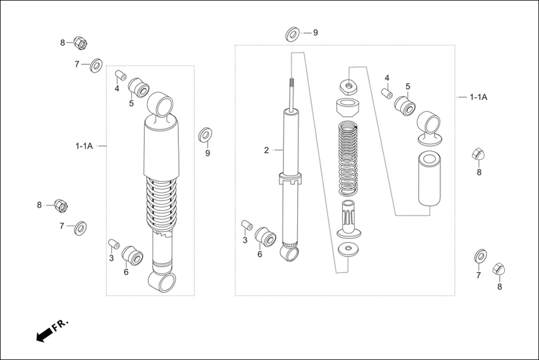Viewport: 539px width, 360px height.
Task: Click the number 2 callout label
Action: click(x=266, y=150)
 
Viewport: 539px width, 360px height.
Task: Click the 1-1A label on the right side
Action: click(x=478, y=97)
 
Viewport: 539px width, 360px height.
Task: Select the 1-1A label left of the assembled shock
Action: click(x=84, y=146)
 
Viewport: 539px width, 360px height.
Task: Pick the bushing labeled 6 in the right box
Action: click(x=265, y=237)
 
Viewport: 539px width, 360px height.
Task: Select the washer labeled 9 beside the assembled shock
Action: click(x=206, y=135)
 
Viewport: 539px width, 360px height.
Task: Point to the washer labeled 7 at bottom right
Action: click(x=480, y=257)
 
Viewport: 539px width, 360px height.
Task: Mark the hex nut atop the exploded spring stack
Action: click(x=348, y=86)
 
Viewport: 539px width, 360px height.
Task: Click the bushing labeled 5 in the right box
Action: click(x=405, y=105)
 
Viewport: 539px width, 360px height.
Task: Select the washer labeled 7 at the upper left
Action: click(x=96, y=64)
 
